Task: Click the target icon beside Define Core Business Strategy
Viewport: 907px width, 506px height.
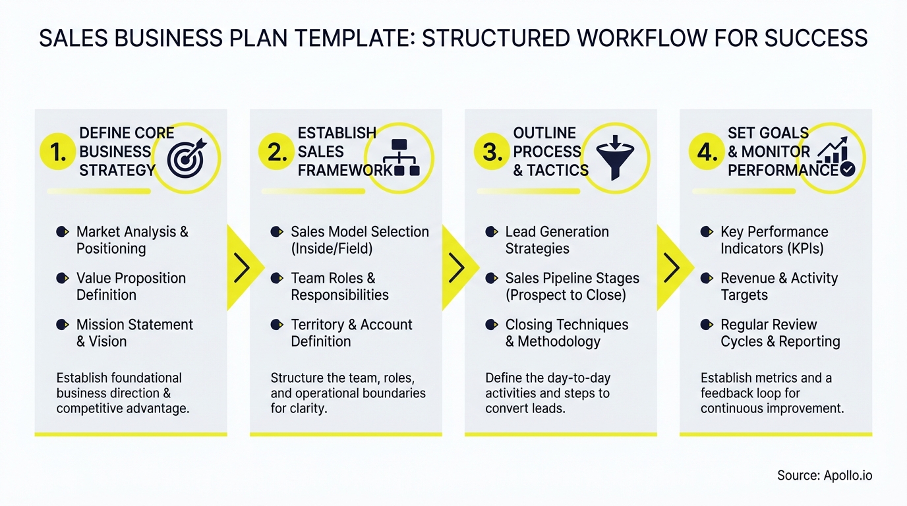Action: click(187, 158)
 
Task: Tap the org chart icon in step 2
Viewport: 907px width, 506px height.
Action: click(401, 157)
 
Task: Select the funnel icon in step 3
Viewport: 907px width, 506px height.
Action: click(614, 157)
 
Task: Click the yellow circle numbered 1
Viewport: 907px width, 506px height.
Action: click(58, 153)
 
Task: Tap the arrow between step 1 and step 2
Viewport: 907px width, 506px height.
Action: click(242, 267)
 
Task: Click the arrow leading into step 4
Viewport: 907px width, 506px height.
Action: click(672, 267)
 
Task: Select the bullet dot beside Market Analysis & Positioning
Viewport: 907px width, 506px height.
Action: click(62, 232)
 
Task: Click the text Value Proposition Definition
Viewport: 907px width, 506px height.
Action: click(131, 287)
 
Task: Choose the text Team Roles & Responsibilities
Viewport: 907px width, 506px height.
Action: click(339, 287)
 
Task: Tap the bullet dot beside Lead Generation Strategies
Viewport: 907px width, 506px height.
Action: click(491, 232)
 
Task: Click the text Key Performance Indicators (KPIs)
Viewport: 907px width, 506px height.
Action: click(774, 240)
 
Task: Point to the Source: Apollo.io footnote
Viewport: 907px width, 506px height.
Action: click(825, 475)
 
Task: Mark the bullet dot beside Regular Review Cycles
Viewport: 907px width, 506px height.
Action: click(706, 325)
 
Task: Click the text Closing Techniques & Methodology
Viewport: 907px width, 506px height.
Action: click(566, 333)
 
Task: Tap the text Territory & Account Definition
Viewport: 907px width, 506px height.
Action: click(351, 333)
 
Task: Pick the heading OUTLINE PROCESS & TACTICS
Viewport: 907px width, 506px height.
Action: click(550, 152)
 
